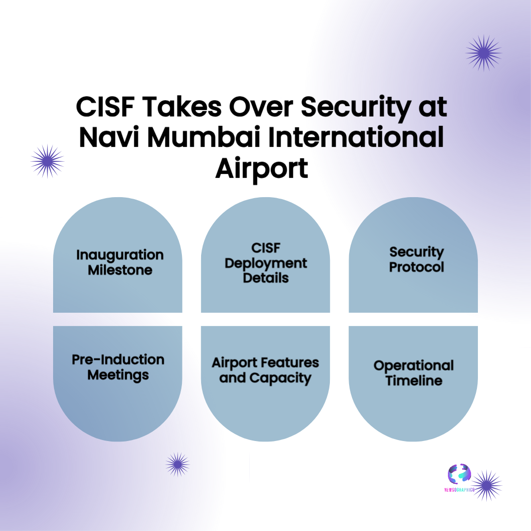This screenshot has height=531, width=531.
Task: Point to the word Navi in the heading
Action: click(x=108, y=138)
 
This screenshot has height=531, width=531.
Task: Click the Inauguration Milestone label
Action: click(x=120, y=262)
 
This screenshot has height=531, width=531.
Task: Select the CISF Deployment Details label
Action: click(x=265, y=263)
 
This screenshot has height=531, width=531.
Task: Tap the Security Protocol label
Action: click(x=416, y=259)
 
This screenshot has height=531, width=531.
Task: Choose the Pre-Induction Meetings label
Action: click(x=118, y=367)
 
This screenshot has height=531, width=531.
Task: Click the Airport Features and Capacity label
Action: click(x=265, y=370)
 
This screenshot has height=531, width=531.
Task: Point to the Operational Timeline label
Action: click(x=413, y=373)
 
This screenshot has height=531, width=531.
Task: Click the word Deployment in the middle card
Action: click(x=265, y=263)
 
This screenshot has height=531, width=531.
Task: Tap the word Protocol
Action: click(x=416, y=267)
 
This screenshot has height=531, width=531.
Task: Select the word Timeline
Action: click(x=413, y=381)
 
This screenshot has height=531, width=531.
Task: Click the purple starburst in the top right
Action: click(x=483, y=53)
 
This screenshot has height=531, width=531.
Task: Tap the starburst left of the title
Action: click(x=47, y=161)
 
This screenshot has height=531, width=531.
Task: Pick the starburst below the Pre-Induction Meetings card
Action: click(x=177, y=465)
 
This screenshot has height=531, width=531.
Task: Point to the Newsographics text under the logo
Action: click(x=459, y=490)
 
